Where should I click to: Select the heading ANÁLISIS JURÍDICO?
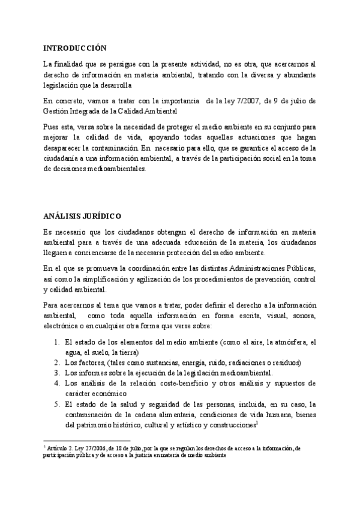click(x=82, y=215)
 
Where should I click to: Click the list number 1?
click(x=55, y=342)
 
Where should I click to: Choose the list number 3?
click(x=55, y=373)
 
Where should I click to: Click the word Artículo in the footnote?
click(x=59, y=448)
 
